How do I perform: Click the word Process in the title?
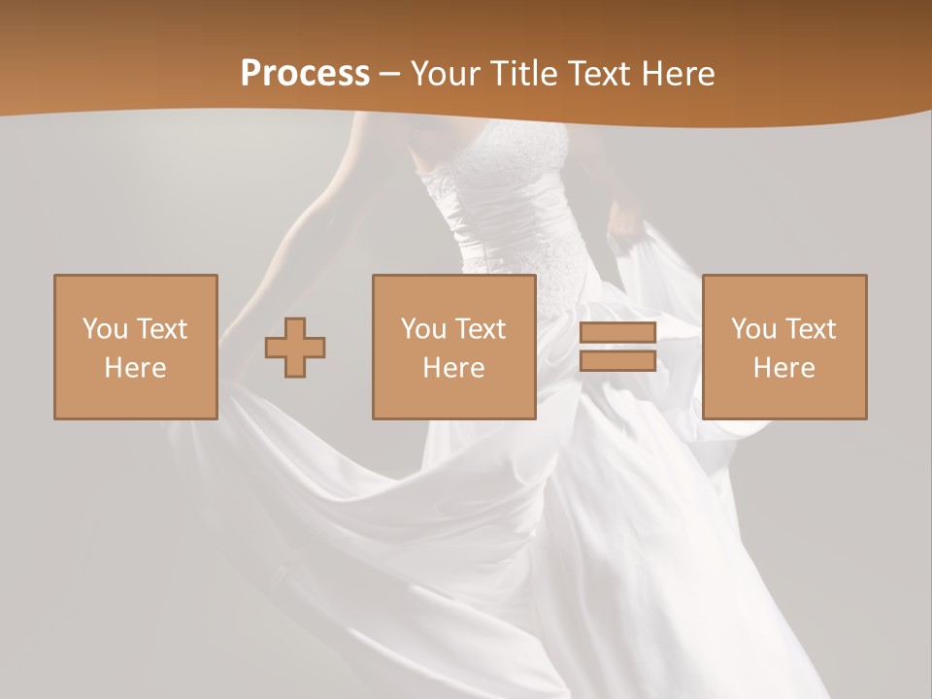(305, 74)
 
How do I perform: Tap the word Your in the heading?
(444, 74)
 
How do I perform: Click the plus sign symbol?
(295, 347)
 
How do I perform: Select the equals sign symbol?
(617, 347)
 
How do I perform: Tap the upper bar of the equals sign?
(617, 333)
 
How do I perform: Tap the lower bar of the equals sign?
(617, 360)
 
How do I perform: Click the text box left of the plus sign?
(135, 347)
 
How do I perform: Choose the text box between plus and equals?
(453, 347)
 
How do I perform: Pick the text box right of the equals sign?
(783, 347)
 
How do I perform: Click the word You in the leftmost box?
(104, 329)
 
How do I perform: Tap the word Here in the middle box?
(453, 368)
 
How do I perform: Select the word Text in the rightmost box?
(812, 329)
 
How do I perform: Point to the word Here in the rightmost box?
(783, 368)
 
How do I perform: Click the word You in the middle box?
(422, 329)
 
